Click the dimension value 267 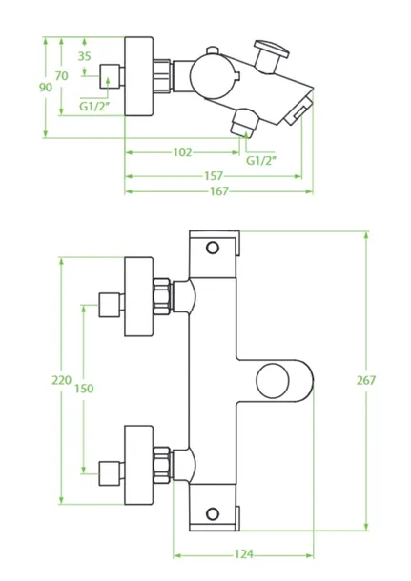[366, 380]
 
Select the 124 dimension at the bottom [244, 554]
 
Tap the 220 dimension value [61, 380]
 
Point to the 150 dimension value [84, 389]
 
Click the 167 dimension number [219, 191]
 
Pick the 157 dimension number [214, 176]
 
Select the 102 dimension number [182, 152]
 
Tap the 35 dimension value [84, 56]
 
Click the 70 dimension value [62, 76]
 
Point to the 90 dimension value [46, 88]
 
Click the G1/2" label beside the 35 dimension [95, 107]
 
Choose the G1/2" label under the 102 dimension [261, 161]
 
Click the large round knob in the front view [273, 381]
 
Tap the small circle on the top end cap [213, 248]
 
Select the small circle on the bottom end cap [213, 513]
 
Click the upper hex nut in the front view [162, 297]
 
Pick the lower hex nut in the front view [162, 465]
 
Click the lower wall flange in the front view [138, 465]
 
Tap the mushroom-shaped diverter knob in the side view [270, 55]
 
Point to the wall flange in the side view [138, 76]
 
